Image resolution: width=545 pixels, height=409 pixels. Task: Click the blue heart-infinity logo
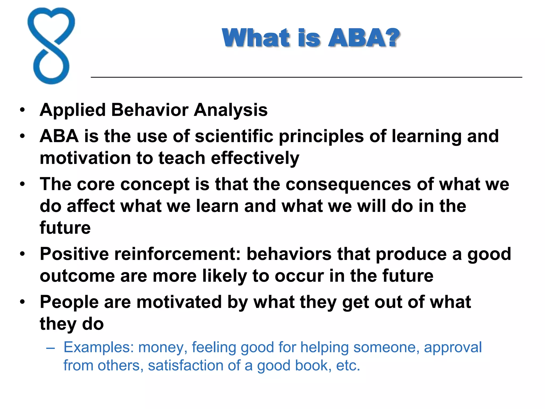pos(51,46)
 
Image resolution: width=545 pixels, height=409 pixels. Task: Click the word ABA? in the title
pos(364,38)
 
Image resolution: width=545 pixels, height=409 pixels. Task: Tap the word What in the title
pos(256,38)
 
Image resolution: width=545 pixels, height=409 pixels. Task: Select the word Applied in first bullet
pos(73,110)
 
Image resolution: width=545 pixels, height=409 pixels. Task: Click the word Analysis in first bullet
pos(230,110)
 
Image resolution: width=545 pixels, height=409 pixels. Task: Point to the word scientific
pos(234,136)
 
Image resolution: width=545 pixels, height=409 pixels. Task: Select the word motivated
pos(179,302)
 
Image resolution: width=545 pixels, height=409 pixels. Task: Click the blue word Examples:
pos(98,347)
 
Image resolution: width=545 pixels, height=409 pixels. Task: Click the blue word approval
pos(453,347)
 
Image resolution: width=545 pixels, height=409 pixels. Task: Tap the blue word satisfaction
pos(185,365)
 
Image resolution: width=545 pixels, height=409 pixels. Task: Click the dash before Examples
pos(50,348)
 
